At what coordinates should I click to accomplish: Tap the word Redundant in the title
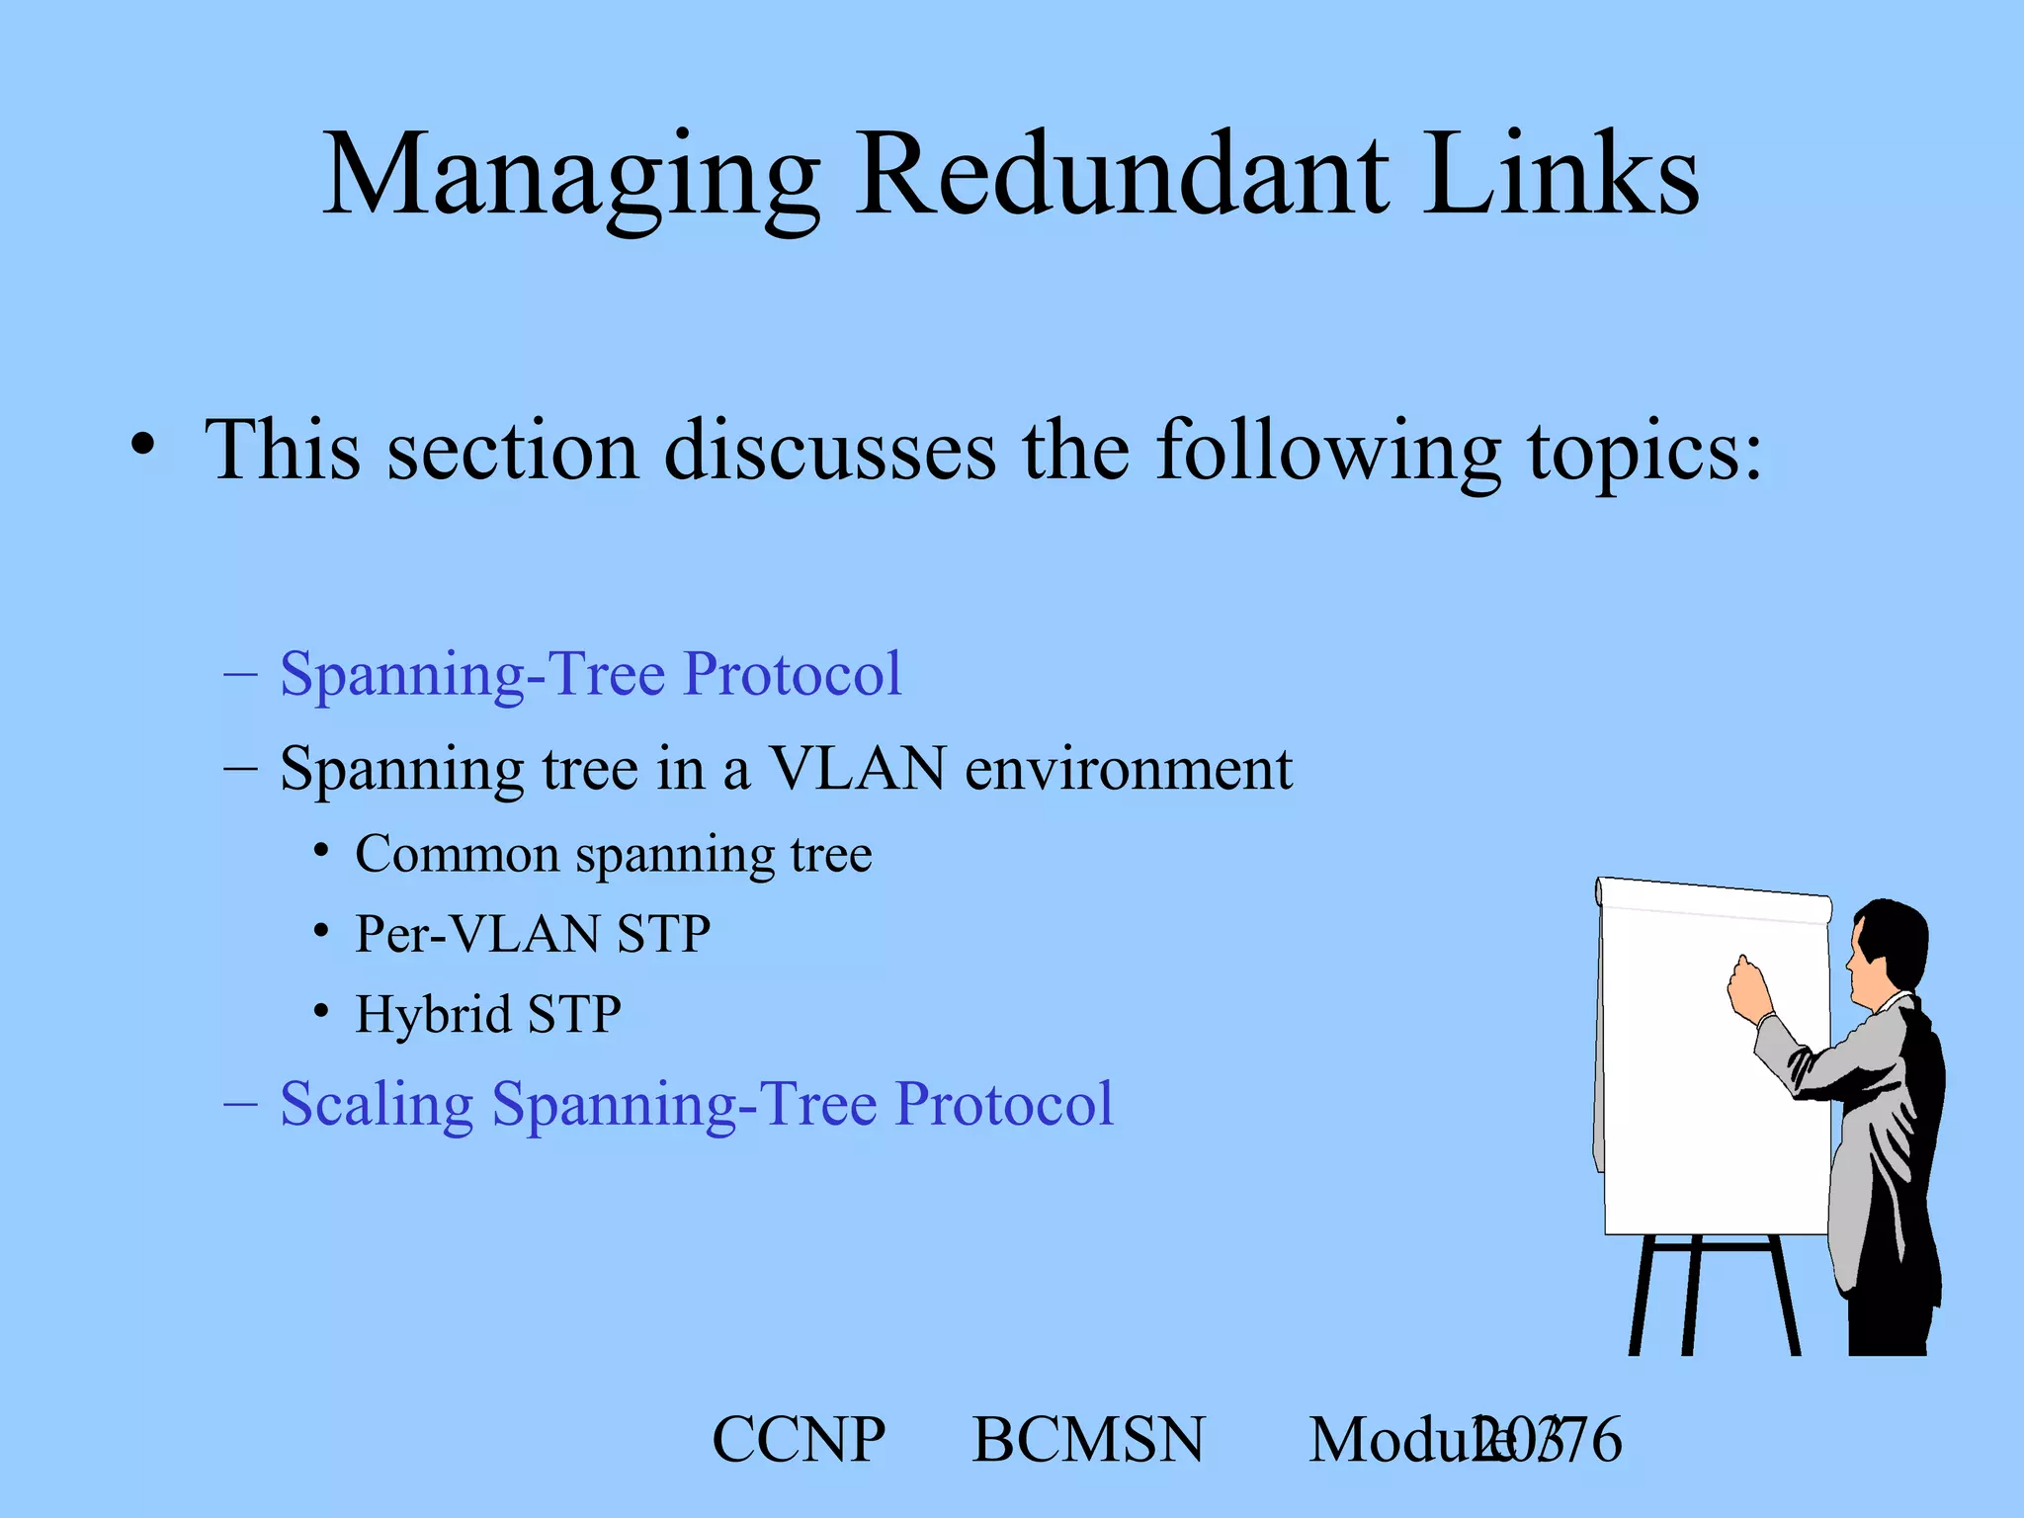pos(1122,178)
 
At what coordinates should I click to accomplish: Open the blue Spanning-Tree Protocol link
pos(590,675)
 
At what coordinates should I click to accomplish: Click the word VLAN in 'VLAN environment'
pos(857,769)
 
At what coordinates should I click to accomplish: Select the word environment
pos(1128,769)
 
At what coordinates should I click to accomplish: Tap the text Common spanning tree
pos(613,855)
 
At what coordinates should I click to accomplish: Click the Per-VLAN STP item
pos(532,934)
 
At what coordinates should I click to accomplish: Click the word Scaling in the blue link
pos(377,1104)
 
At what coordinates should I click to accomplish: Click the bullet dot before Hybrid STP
pos(320,1012)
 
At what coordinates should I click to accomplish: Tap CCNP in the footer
pos(799,1440)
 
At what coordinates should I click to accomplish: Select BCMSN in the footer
pos(1088,1440)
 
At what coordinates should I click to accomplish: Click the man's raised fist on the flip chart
pos(1747,987)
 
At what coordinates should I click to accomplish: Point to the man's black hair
pos(1897,939)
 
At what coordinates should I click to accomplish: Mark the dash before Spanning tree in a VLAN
pos(240,768)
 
